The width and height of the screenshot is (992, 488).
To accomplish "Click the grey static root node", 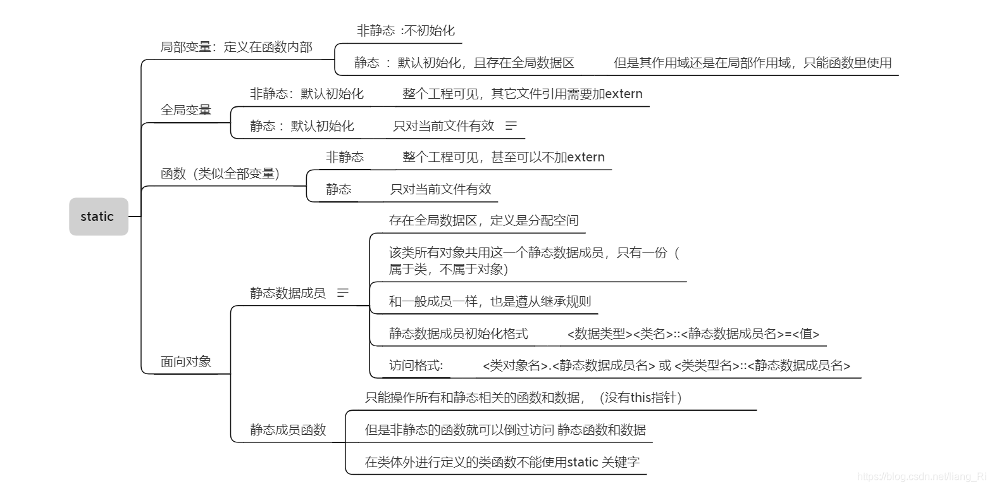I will (98, 216).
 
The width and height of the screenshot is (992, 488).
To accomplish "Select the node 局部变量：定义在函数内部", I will (236, 47).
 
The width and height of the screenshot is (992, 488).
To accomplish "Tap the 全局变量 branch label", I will (186, 110).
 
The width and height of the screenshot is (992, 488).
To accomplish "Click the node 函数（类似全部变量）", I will (220, 173).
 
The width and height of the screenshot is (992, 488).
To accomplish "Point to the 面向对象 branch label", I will (186, 362).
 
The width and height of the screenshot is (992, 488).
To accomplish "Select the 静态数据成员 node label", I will (288, 293).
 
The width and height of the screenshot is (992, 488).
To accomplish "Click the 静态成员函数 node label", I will (288, 430).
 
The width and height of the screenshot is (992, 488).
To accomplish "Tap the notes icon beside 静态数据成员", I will (343, 293).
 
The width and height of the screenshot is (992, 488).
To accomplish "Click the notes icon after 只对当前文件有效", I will (511, 126).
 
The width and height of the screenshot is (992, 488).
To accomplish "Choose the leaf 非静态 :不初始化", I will (406, 30).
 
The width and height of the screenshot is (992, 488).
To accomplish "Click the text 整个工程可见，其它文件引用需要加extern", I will (523, 94).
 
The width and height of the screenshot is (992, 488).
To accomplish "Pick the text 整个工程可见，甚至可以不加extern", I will (504, 157).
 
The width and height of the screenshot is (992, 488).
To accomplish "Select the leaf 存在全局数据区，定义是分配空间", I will (483, 220).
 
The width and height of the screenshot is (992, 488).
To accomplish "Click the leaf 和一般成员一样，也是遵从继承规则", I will (490, 301).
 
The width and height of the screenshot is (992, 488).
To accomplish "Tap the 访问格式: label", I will (416, 365).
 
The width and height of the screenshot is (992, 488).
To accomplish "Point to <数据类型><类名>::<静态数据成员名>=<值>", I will (693, 334).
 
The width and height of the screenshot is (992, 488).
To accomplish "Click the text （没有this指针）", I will (640, 397).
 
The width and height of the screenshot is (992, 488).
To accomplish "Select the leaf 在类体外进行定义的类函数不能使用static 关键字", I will (502, 462).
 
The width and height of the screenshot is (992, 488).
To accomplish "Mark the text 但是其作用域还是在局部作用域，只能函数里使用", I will (753, 63).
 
